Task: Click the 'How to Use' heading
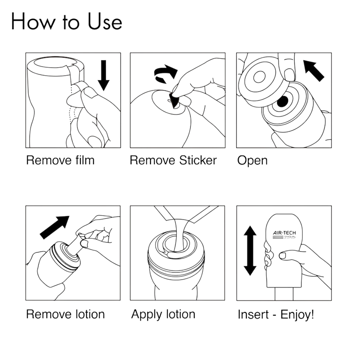point(66,22)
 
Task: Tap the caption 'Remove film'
point(60,160)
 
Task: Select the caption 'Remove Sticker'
point(173,160)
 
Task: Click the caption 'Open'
point(252,161)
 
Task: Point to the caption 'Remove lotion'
point(66,314)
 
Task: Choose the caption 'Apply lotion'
point(163,314)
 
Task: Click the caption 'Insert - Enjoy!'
point(276,314)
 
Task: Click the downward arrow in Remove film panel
point(104,75)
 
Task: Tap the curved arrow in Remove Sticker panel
point(166,74)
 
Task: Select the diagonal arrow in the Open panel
point(314,71)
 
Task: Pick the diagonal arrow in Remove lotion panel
point(55,227)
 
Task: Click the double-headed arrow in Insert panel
point(250,250)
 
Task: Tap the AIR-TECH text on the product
point(284,233)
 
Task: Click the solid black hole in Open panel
point(283,101)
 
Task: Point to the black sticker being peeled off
point(174,100)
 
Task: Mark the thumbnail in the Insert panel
point(283,256)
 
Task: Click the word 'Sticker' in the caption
point(198,160)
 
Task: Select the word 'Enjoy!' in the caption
point(297,314)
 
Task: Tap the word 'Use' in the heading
point(105,22)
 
